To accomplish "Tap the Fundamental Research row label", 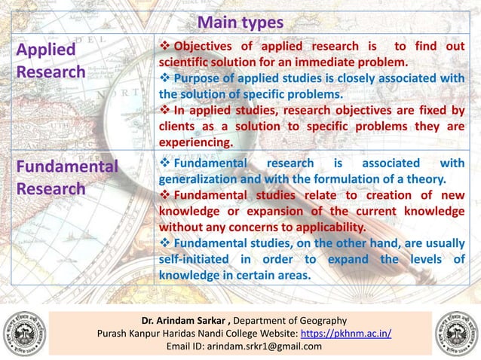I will tap(67, 177).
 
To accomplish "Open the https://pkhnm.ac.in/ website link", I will tap(345, 333).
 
